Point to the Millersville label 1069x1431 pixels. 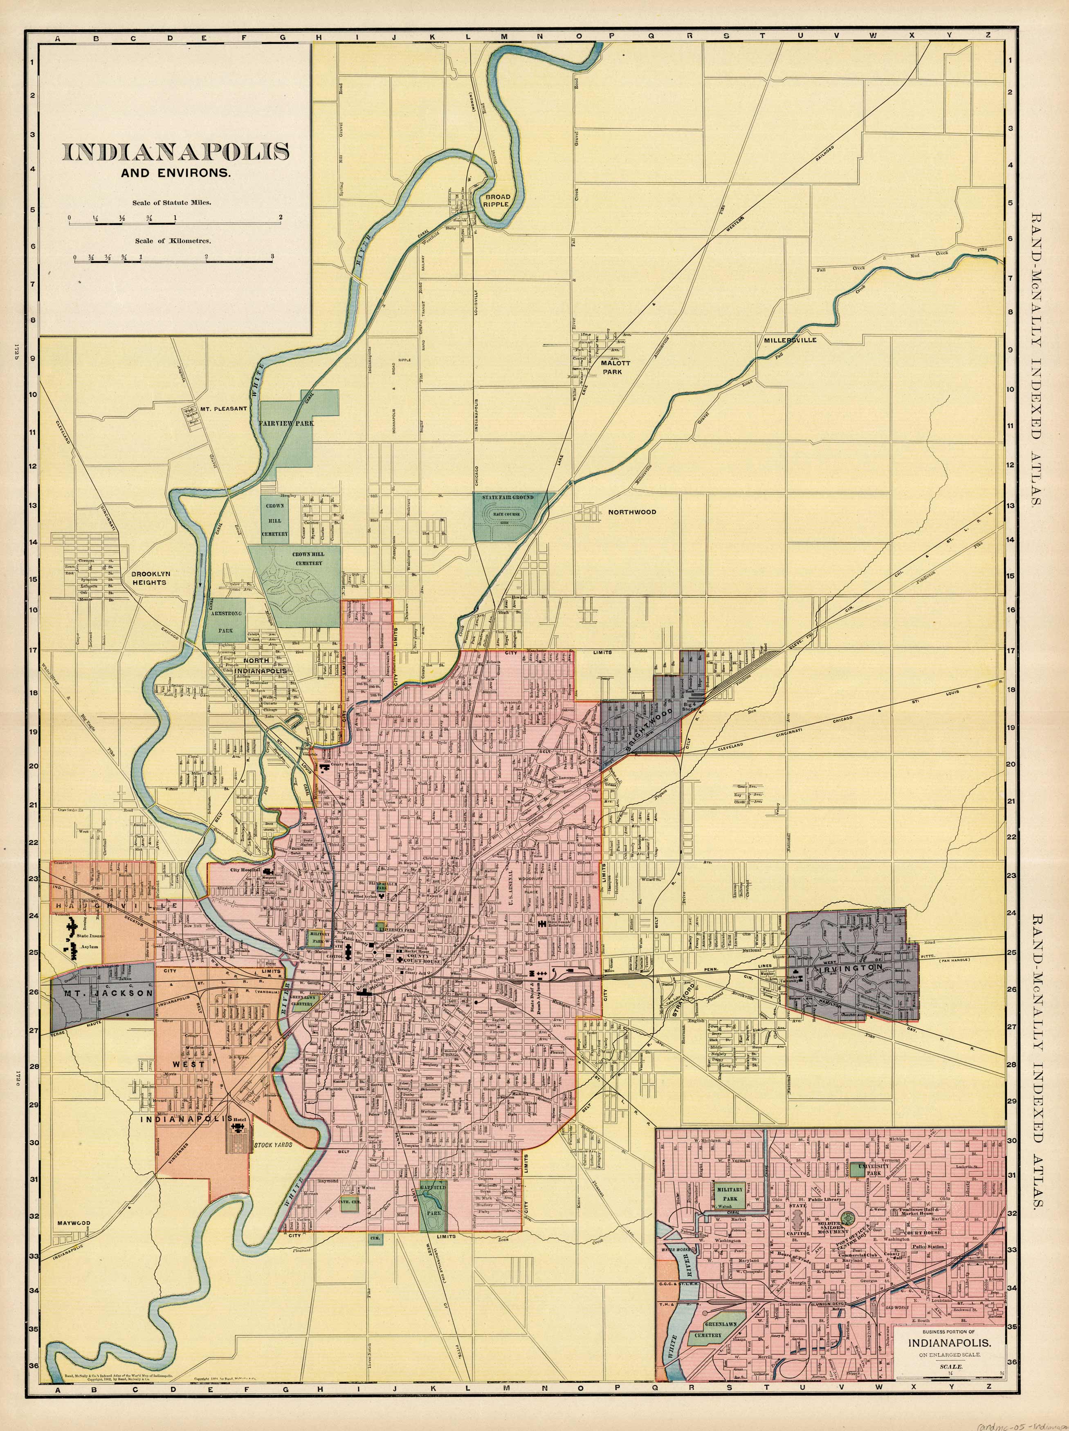[790, 340]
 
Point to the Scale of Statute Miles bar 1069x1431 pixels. [175, 223]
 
